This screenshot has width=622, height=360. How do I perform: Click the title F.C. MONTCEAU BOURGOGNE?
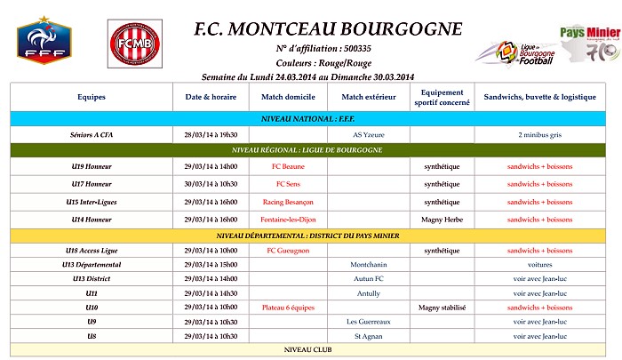(329, 28)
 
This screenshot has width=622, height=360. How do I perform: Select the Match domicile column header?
(288, 97)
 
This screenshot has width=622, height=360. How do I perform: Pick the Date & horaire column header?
(211, 97)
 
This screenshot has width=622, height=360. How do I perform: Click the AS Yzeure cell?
(368, 134)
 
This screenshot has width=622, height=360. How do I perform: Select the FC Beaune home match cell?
(288, 166)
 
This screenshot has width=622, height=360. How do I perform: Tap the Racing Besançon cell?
(288, 202)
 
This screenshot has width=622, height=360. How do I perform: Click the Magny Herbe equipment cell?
(442, 220)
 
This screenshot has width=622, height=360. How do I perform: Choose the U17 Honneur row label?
(92, 184)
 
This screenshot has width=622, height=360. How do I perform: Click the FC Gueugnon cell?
(288, 251)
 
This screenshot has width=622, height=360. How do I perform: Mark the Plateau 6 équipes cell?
(288, 308)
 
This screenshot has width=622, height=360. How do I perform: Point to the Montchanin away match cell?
(368, 265)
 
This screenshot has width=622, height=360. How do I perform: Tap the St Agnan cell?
(368, 336)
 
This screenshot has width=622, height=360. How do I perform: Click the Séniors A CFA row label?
(92, 134)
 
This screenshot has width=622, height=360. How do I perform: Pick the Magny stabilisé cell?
(442, 308)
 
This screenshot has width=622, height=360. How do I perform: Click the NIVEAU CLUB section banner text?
(307, 350)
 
